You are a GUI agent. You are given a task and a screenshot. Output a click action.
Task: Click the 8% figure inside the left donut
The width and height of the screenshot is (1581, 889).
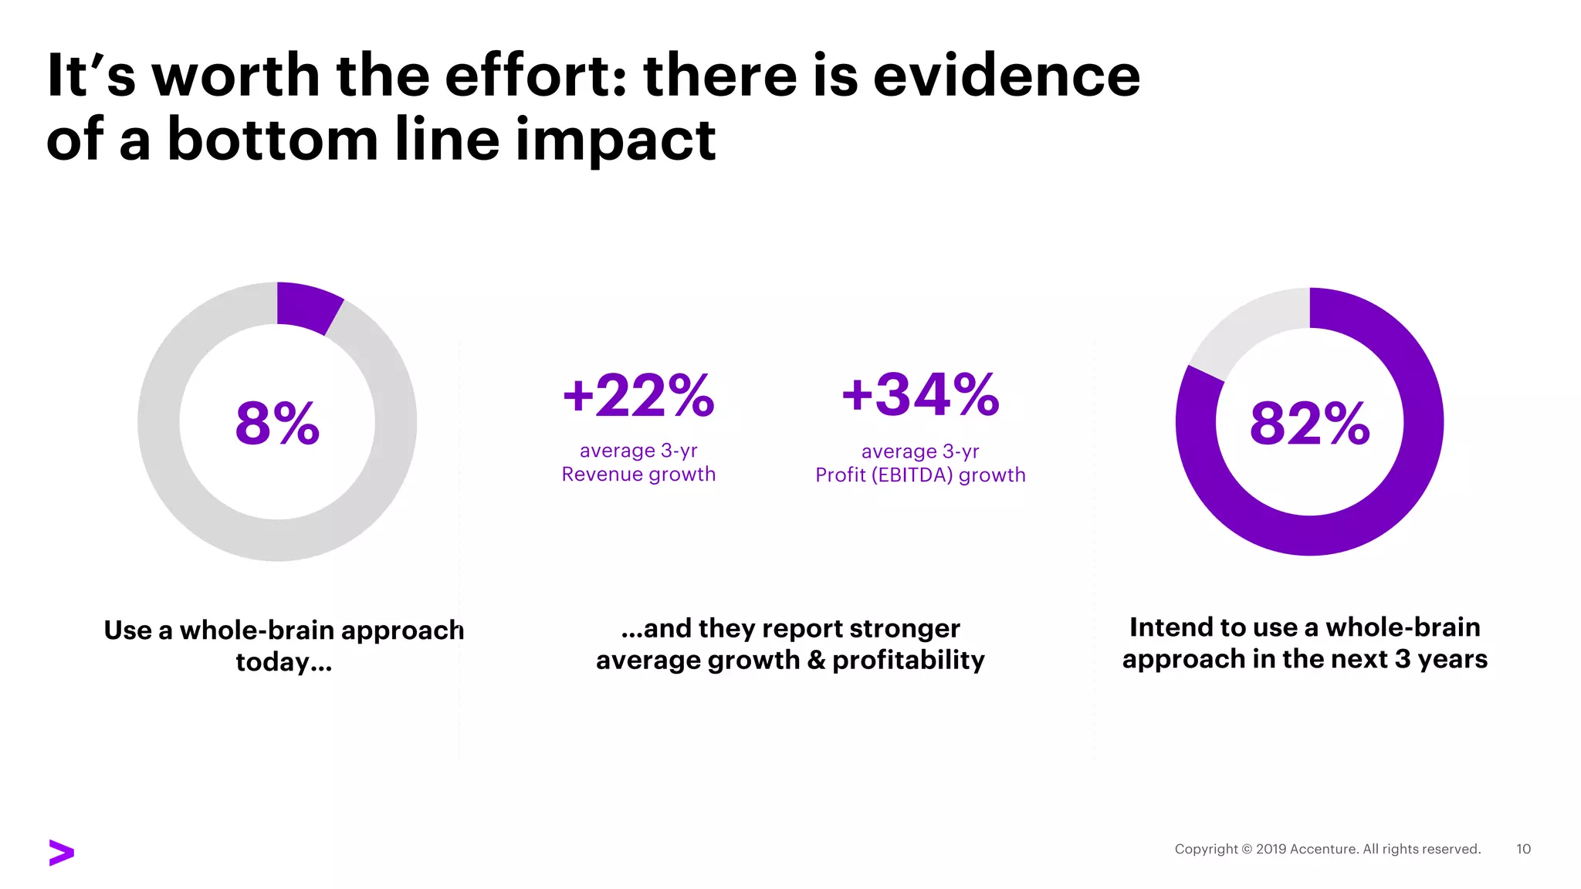(277, 423)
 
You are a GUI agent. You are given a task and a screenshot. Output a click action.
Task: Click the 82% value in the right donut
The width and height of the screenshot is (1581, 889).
(1309, 423)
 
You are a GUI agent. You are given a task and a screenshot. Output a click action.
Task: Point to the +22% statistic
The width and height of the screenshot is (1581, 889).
(638, 395)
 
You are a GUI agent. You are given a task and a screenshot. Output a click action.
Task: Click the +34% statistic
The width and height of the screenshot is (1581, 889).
(920, 394)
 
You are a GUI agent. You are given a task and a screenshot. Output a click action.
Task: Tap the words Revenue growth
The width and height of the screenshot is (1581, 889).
(638, 475)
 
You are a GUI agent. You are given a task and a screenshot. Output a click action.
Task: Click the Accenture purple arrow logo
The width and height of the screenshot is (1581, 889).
(61, 852)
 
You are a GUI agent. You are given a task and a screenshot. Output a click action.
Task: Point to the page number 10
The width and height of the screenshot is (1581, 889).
(1523, 849)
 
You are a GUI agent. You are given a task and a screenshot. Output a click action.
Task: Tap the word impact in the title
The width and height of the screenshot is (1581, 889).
(615, 140)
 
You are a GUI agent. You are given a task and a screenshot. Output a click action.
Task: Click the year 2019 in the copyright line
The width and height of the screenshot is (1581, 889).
(1271, 849)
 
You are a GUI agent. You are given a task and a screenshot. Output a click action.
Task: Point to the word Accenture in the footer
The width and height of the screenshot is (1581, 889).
(1323, 849)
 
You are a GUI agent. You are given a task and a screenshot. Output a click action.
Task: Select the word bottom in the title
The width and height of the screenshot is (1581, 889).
(272, 140)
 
